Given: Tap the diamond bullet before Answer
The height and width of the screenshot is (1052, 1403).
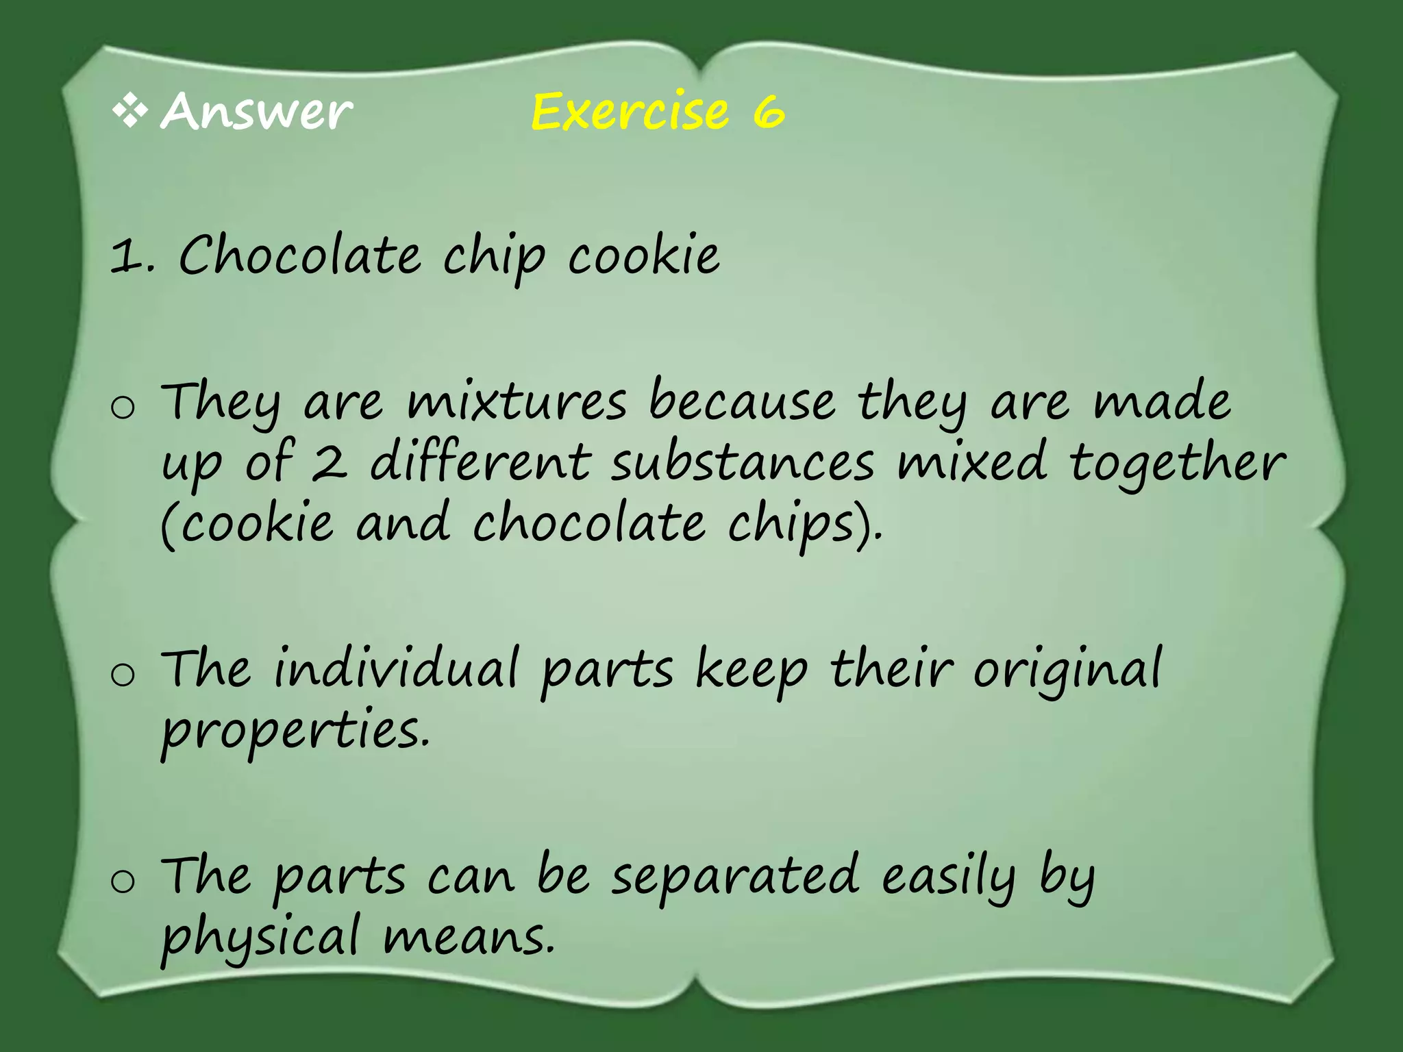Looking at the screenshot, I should click(130, 112).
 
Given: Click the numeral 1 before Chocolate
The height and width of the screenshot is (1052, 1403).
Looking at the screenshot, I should click(126, 258).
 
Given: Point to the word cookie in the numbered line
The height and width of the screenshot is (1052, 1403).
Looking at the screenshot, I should click(643, 256).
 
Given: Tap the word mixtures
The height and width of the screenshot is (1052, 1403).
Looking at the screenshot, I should click(517, 402).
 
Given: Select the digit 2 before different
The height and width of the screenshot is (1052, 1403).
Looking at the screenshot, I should click(329, 464).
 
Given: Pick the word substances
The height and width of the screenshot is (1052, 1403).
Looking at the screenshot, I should click(743, 464).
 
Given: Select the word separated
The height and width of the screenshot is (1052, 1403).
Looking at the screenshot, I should click(734, 877).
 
